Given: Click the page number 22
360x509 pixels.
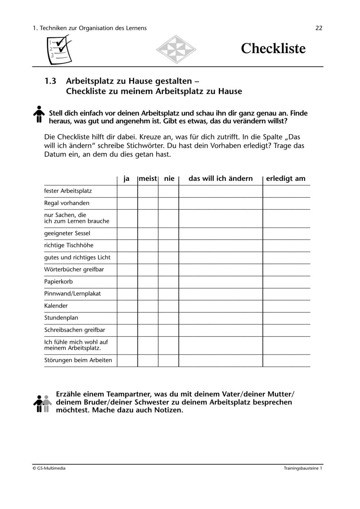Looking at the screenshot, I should [x=319, y=28].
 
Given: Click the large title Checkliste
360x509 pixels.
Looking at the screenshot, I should [x=273, y=49].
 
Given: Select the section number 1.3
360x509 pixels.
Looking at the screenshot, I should [x=50, y=81].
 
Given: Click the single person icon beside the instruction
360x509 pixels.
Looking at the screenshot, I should [x=40, y=114].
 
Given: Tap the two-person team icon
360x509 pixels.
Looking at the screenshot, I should [x=41, y=403].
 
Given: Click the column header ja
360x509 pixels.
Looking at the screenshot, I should [x=127, y=179].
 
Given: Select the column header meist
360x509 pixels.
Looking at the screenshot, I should [x=148, y=179].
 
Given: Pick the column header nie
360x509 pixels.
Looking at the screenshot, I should [x=169, y=179].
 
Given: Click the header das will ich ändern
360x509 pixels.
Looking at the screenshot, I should [x=220, y=179].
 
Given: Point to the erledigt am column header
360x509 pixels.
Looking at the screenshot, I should [x=286, y=179].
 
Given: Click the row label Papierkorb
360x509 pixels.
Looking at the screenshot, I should [x=58, y=282].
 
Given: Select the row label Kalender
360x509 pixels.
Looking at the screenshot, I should [x=56, y=306].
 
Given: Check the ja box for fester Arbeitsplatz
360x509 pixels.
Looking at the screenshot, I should [x=127, y=191].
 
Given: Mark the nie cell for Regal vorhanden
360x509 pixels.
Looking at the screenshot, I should [x=168, y=203].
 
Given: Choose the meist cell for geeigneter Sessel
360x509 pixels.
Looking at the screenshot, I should [x=148, y=234].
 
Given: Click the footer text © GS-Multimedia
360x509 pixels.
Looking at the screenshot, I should [x=49, y=468].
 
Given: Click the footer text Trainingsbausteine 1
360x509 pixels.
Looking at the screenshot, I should [x=303, y=468].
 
